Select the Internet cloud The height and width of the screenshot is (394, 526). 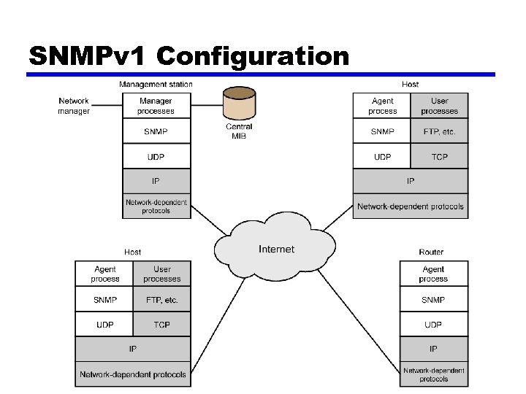(276, 250)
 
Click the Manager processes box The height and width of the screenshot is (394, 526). (156, 106)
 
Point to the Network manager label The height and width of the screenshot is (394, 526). (74, 106)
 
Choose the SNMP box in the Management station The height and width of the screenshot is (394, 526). (156, 131)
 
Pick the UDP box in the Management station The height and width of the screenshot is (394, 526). (156, 156)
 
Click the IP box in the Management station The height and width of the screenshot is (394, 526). (156, 180)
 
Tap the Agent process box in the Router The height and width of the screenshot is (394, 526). (433, 274)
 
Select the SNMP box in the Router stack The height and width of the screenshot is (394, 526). (433, 300)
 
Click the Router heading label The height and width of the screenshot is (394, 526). (431, 252)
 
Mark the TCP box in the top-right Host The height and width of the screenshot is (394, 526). (439, 157)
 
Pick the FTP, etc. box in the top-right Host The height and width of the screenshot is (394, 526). (439, 131)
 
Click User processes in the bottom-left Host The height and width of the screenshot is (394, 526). (161, 274)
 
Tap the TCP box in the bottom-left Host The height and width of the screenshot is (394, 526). (161, 324)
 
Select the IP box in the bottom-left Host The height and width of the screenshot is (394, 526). (133, 349)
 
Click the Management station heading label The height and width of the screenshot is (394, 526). (156, 85)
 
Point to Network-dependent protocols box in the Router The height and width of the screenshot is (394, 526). (433, 374)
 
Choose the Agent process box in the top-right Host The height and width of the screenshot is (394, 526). (382, 106)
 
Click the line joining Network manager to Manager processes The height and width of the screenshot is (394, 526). (106, 105)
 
